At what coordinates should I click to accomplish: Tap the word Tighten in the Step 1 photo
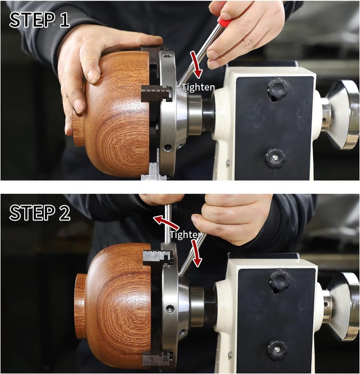(198, 87)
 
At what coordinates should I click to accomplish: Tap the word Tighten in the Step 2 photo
(186, 235)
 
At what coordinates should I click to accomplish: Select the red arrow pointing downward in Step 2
(196, 253)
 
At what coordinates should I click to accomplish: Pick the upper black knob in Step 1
(277, 88)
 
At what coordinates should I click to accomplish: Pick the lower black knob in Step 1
(274, 158)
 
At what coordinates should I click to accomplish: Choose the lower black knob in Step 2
(276, 350)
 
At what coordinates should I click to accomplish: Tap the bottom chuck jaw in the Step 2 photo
(157, 359)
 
